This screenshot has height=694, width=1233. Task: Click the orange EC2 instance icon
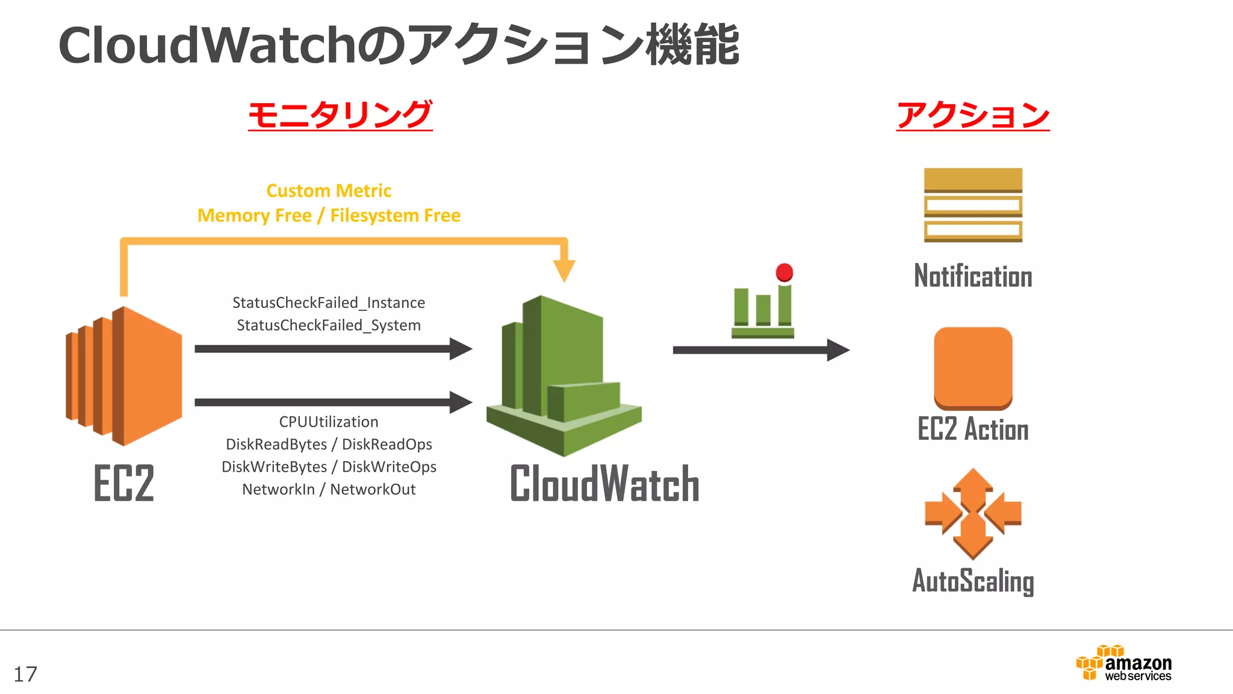[x=124, y=376]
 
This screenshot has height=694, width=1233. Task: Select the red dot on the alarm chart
[x=784, y=272]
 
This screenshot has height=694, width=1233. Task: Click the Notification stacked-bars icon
[x=973, y=205]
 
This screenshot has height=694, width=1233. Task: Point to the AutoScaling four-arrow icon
[x=973, y=513]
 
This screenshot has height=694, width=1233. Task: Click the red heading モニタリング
[x=340, y=114]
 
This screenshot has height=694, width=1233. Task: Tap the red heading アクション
[x=973, y=114]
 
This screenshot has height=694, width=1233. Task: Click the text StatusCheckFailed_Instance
[x=329, y=302]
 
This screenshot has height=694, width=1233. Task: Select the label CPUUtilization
[x=329, y=422]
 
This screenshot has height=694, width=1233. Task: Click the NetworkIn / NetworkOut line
[x=329, y=489]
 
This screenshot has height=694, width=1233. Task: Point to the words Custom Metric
[x=329, y=191]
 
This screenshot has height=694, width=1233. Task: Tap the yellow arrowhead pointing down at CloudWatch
[x=564, y=270]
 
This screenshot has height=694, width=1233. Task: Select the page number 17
[x=25, y=674]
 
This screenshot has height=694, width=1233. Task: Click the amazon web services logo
[x=1123, y=664]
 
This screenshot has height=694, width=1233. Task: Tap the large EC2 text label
[x=124, y=483]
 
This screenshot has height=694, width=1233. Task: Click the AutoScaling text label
[x=973, y=581]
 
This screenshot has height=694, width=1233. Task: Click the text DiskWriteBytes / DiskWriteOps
[x=329, y=467]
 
